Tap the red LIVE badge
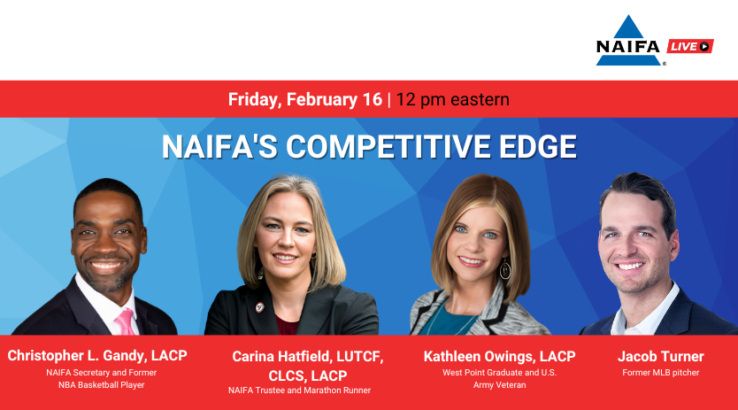(690, 46)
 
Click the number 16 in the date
(373, 99)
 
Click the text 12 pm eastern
(452, 100)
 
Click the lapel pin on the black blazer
(259, 308)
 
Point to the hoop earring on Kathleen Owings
(505, 269)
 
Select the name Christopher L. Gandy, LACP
(97, 356)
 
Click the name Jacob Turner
(661, 356)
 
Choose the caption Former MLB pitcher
(661, 373)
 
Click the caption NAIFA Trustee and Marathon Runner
(299, 391)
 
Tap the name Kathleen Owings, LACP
(499, 357)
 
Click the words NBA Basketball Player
(101, 385)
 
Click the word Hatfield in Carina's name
(305, 357)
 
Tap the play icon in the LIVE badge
(704, 46)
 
